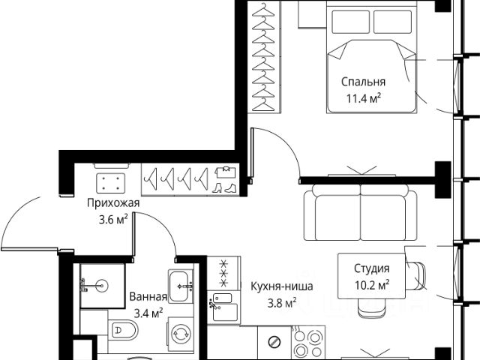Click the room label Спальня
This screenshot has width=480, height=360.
point(363,82)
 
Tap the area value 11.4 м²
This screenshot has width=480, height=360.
point(364,98)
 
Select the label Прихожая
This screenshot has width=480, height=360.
point(113,203)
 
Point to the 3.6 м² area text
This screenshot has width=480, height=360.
point(113,220)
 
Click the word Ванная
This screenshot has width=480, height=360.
point(148,297)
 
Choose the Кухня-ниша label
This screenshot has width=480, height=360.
point(282,286)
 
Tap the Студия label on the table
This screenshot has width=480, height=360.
point(372,268)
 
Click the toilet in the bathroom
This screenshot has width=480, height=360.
point(123,330)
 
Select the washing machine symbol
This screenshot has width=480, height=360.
point(181,334)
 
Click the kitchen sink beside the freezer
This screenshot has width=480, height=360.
point(223,307)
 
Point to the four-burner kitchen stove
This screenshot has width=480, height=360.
point(307,343)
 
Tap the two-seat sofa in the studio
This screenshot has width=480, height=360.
point(361,214)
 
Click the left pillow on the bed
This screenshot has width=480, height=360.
point(350,22)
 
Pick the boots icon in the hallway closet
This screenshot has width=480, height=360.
point(224,188)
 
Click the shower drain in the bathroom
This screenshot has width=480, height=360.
point(101,286)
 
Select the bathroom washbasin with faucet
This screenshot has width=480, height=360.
point(181,286)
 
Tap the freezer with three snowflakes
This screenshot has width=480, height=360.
point(223,273)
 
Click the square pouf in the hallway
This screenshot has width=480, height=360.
point(110,183)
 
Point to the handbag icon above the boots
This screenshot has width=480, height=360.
point(226,172)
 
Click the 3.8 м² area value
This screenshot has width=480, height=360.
point(282,303)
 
